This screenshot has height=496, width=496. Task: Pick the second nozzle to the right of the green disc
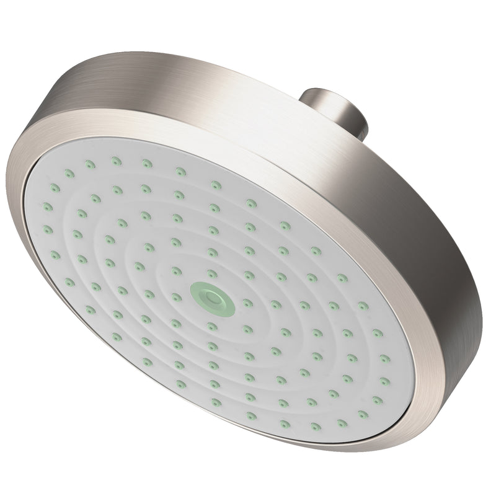pos(276,304)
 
